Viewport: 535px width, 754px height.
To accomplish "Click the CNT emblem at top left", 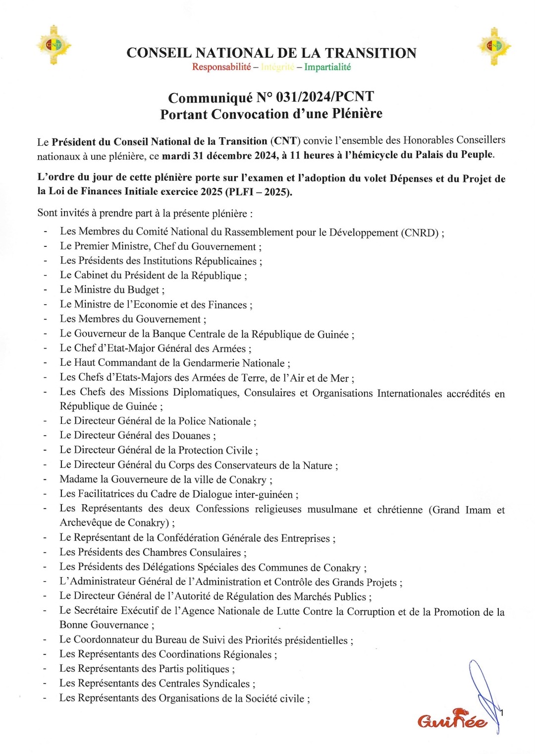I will coord(53,45).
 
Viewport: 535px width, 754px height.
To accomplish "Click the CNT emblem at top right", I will coord(494,46).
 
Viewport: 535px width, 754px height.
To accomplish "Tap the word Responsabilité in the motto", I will coord(221,67).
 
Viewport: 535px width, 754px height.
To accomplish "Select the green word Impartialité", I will coord(327,67).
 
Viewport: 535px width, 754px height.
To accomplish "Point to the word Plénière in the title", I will coord(357,114).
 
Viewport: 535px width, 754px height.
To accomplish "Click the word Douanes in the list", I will coord(191,436).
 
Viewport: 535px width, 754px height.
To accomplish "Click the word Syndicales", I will coord(226,684).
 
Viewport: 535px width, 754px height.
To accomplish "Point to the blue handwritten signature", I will coord(483,694).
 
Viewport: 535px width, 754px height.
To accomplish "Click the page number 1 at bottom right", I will coord(502,713).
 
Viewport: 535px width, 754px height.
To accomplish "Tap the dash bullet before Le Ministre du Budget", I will coord(45,290).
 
